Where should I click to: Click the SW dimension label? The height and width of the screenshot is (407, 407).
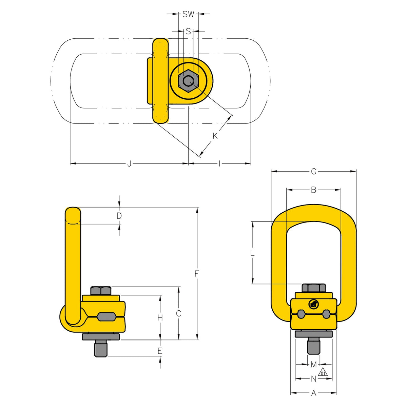(188, 14)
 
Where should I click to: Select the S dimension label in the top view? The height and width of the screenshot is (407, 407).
(188, 31)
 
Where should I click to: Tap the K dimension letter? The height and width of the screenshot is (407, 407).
(215, 136)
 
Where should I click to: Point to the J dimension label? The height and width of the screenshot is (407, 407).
(129, 164)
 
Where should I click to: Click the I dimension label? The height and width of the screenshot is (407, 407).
(220, 164)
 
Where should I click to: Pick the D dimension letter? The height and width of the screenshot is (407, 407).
(119, 216)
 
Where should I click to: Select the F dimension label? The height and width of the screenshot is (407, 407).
(197, 273)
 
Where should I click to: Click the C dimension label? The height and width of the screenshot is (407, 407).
(179, 313)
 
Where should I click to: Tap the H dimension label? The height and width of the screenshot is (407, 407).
(160, 318)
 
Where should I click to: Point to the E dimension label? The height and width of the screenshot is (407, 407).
(160, 351)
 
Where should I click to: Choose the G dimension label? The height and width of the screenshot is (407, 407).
(314, 172)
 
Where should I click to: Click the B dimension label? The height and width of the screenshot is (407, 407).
(314, 190)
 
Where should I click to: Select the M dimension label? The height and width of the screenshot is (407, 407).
(314, 365)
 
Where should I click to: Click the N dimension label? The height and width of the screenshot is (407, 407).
(314, 379)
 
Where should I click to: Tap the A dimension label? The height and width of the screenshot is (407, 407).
(314, 393)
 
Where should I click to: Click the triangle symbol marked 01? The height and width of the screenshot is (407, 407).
(323, 372)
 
